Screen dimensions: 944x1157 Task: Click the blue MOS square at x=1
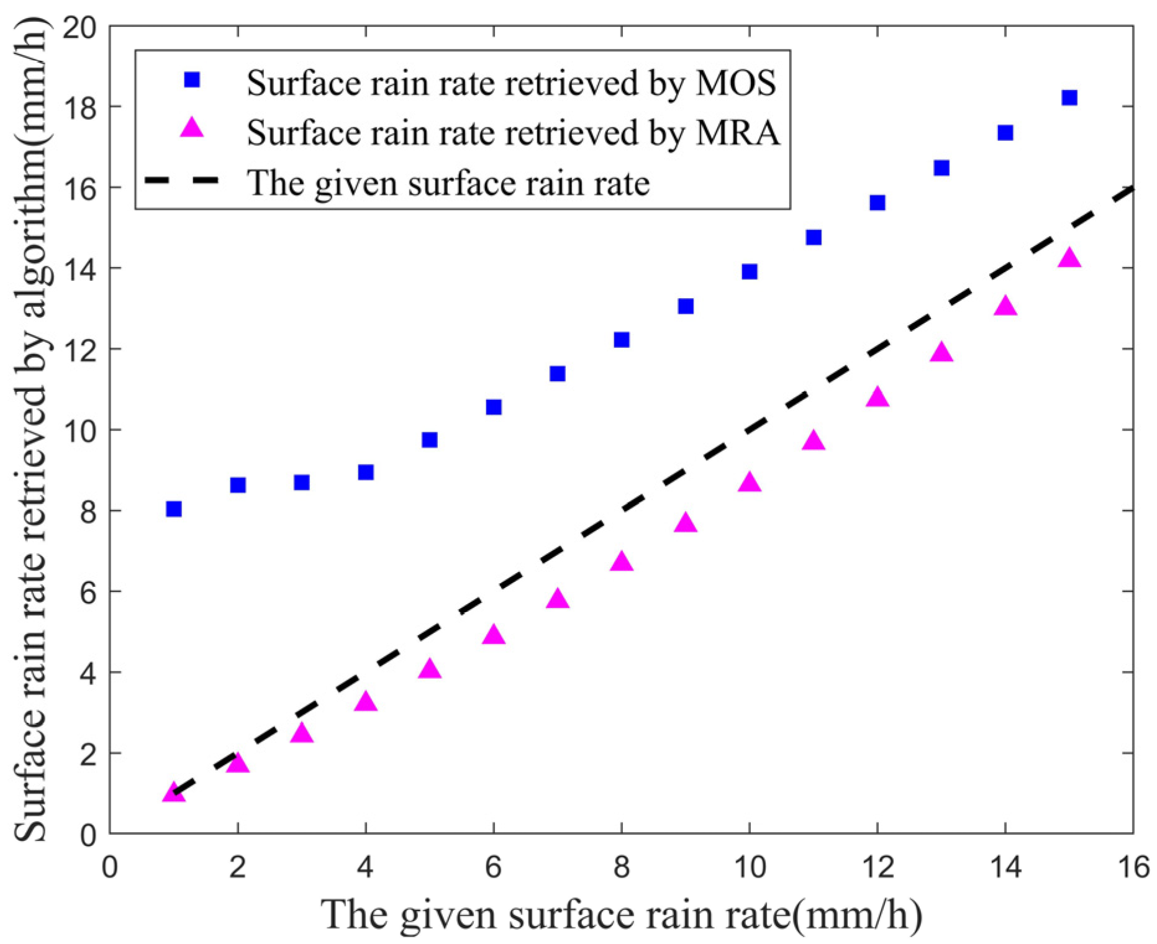coord(174,509)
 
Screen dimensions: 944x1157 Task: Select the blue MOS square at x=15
coord(1069,98)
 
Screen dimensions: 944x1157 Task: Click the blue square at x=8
coord(622,340)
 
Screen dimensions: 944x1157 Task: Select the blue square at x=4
coord(366,472)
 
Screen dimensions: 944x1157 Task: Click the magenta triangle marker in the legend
coord(192,129)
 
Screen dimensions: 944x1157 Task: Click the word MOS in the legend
coord(735,83)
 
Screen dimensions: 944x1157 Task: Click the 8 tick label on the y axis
coord(88,512)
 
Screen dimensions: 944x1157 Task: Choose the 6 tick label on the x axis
coord(493,867)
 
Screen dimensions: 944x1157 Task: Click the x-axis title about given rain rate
coord(621,914)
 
